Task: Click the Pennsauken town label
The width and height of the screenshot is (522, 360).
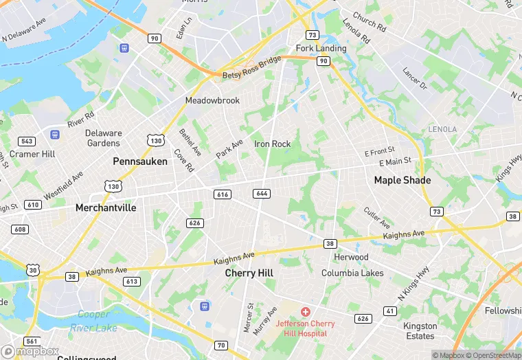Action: pos(139,161)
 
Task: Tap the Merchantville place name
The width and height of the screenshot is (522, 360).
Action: pos(106,207)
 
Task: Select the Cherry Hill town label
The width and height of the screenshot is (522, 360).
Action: pos(249,273)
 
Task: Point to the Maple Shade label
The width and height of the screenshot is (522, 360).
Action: pos(402,180)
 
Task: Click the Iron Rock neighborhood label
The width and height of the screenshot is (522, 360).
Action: pos(273,144)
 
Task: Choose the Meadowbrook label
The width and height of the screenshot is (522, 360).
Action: pos(213,100)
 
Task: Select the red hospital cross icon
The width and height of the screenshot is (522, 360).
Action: pos(306,312)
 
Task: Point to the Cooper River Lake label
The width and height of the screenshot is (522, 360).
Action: pos(93,321)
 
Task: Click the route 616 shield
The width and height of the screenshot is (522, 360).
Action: pos(221,194)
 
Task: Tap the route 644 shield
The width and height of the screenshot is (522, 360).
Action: pos(261,194)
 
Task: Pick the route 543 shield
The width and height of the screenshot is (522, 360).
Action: pos(27,142)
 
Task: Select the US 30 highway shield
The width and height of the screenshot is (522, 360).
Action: pos(33,271)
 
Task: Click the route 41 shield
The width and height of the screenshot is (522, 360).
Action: pos(390,311)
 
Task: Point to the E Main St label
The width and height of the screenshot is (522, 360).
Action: pos(395,161)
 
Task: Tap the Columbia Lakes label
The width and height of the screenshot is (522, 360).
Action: pos(353,273)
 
